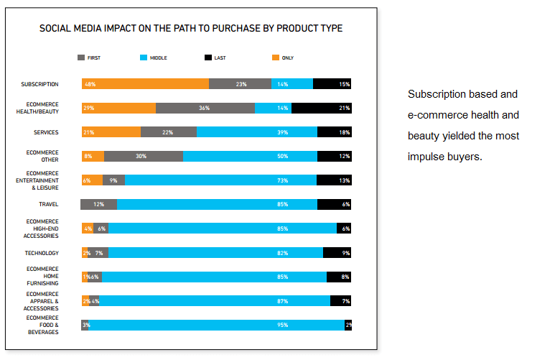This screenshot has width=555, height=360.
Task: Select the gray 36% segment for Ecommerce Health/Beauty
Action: click(x=205, y=108)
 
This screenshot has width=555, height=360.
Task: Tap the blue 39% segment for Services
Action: click(x=256, y=132)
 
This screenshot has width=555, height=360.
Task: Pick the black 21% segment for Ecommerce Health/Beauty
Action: click(x=321, y=108)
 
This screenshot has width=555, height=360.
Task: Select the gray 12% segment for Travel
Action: click(x=99, y=204)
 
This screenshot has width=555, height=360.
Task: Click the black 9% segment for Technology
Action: click(x=337, y=253)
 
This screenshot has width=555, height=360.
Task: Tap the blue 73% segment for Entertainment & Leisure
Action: click(x=220, y=180)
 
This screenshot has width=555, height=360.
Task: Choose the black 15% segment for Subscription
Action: click(x=332, y=84)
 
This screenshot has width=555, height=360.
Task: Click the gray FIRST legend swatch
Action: click(x=81, y=57)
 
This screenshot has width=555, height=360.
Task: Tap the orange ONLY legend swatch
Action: click(x=276, y=57)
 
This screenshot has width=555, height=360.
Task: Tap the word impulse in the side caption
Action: click(x=428, y=157)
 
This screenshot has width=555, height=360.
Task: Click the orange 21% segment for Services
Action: click(x=111, y=132)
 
